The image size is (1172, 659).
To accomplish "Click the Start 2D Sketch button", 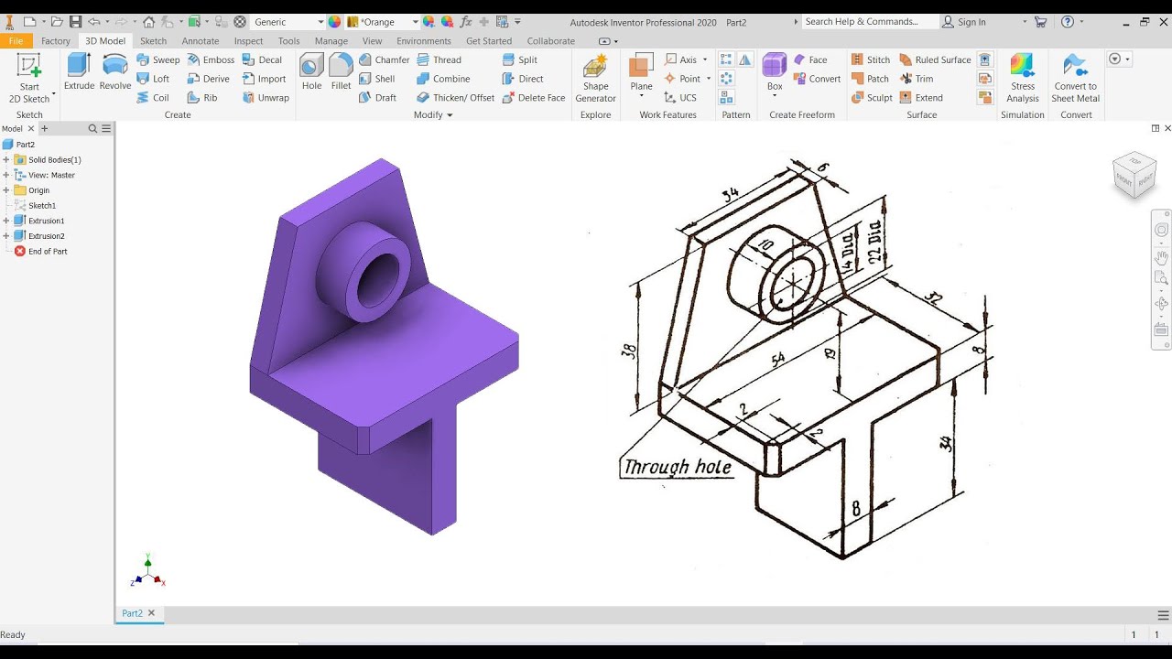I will click(29, 78).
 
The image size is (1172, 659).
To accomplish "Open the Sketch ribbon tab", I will click(153, 40).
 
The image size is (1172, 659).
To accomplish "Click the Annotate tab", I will click(200, 40).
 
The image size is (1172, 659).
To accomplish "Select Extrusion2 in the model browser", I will click(46, 236).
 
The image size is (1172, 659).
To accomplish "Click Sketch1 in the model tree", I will click(41, 206).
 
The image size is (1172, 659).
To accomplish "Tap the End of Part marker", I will click(47, 252).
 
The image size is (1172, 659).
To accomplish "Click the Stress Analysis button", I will click(1022, 78).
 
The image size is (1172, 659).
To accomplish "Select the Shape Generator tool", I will click(595, 78).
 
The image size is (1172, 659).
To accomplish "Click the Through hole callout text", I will click(678, 468).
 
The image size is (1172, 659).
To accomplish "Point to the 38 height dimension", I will click(629, 351).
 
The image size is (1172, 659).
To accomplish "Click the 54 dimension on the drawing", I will click(777, 360).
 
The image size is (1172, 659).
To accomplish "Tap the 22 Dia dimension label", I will click(874, 242).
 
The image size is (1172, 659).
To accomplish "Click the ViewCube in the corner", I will click(1134, 174).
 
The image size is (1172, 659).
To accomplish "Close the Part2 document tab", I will click(152, 613).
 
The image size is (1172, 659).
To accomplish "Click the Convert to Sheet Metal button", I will click(1075, 78).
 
